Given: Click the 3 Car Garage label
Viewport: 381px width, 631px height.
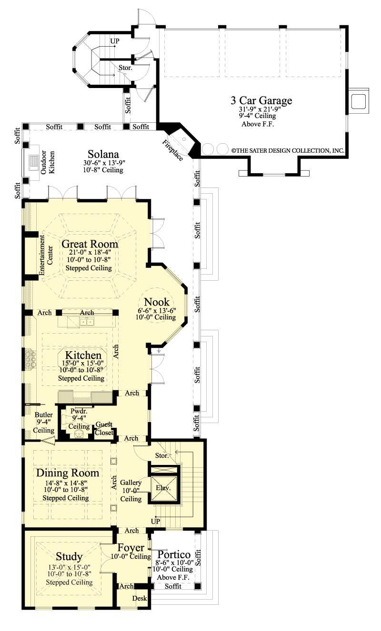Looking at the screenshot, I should [261, 100].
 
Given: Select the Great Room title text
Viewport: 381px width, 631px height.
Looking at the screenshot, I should [90, 244].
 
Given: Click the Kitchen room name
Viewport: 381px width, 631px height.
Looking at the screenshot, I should [83, 355].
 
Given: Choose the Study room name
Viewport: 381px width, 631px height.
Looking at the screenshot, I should [69, 556].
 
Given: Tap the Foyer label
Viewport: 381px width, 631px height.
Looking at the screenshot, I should [131, 548].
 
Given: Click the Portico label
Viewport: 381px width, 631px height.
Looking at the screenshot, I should [174, 554].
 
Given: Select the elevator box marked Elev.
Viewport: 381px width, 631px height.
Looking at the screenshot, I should [163, 488].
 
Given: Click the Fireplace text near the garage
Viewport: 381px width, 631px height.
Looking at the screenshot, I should [172, 150].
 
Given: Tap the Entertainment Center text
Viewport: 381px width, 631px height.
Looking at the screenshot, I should [46, 255].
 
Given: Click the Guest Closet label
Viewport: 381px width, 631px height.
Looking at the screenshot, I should [104, 428].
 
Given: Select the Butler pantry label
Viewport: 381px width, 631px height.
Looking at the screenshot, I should [44, 415].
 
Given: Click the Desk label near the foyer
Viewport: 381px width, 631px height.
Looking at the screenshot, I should [139, 598].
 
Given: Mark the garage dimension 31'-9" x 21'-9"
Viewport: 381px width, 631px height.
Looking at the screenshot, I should [260, 109].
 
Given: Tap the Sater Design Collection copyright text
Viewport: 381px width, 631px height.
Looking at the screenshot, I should [288, 150].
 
